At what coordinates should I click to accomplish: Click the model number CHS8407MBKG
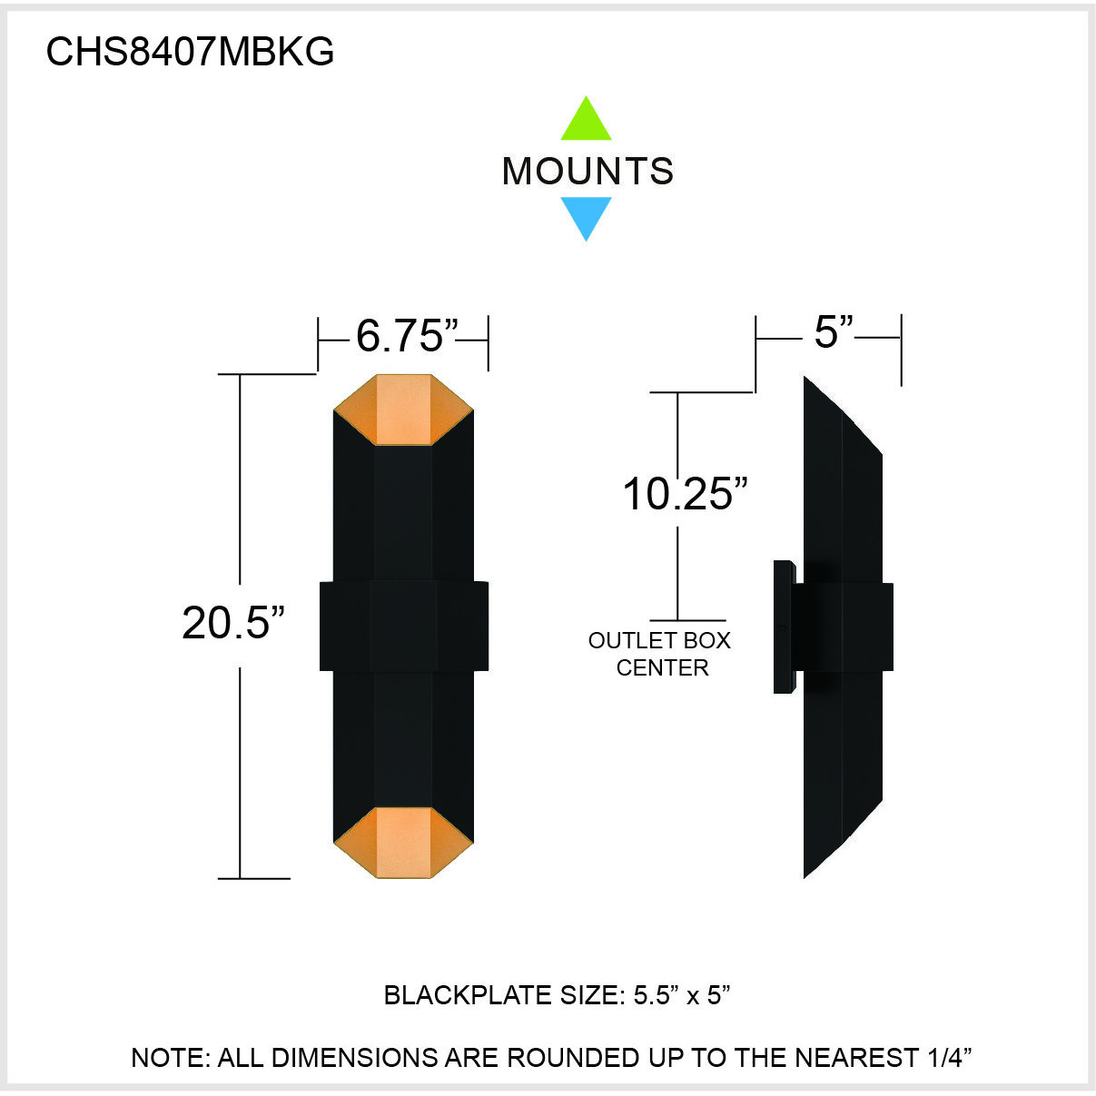(x=190, y=52)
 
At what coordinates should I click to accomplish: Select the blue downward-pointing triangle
(x=586, y=216)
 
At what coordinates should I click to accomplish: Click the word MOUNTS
(x=587, y=171)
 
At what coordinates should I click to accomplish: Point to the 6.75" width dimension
(x=405, y=335)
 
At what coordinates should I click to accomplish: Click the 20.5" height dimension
(x=233, y=623)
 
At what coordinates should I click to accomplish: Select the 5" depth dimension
(x=833, y=331)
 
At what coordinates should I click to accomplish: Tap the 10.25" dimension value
(x=685, y=494)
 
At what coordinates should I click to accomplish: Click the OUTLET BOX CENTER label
(x=660, y=654)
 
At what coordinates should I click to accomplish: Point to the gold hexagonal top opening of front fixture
(x=403, y=410)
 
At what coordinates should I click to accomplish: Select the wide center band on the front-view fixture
(x=404, y=626)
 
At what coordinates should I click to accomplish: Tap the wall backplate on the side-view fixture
(x=784, y=627)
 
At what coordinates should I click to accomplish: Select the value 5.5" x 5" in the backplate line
(x=682, y=995)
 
